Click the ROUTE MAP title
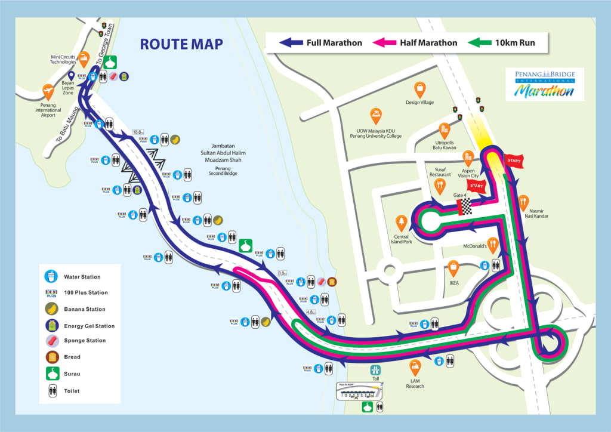[181, 44]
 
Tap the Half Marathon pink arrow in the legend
[385, 42]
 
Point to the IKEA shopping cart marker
[453, 268]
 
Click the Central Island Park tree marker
[401, 223]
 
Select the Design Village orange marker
[420, 90]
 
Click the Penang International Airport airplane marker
[48, 92]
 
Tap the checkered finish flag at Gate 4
[464, 206]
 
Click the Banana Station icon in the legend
[52, 309]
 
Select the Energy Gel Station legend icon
[52, 326]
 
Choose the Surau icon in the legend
[52, 374]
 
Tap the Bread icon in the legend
[52, 357]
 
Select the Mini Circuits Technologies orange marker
[84, 59]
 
